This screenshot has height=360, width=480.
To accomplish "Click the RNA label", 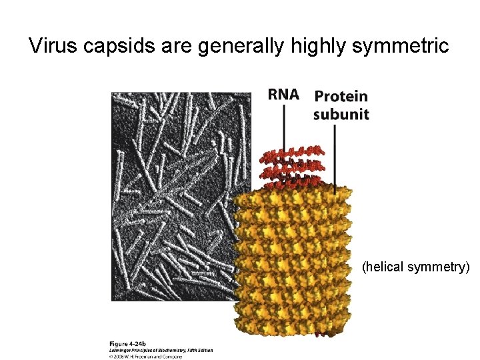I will coord(283,94).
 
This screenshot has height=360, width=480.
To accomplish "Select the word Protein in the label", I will coord(341,97).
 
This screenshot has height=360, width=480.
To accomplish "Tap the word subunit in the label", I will coord(341,114).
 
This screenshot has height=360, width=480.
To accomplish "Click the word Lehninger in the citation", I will coord(122,350).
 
